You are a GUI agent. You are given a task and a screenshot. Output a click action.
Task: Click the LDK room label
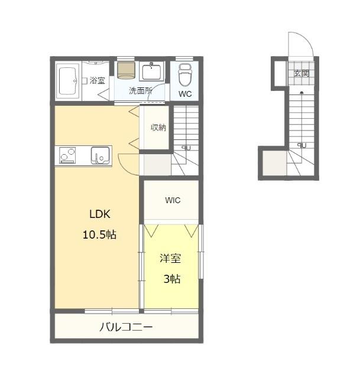(100, 214)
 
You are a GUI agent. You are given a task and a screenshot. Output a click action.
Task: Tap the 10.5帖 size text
(99, 234)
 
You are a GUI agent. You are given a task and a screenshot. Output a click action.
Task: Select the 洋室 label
(170, 258)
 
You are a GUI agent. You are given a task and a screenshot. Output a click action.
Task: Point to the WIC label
(173, 200)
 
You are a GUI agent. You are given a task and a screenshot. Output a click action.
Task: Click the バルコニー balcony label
(126, 327)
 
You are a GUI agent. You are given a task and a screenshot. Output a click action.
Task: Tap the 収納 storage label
(158, 128)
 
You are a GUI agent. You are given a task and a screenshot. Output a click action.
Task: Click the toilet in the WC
(185, 75)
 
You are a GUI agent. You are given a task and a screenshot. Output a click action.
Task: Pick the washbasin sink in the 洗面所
(151, 71)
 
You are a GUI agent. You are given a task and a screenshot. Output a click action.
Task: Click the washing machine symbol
(125, 70)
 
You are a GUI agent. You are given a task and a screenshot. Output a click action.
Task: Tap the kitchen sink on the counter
(100, 155)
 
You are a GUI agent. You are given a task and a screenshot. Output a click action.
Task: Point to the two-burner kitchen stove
(67, 155)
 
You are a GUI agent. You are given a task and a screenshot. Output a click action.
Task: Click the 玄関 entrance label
(301, 73)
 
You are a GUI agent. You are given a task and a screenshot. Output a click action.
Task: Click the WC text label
(185, 94)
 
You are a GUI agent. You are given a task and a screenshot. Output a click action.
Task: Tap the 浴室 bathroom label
(98, 80)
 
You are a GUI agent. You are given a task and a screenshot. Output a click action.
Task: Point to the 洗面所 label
(141, 90)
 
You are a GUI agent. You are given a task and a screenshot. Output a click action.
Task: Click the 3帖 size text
(172, 279)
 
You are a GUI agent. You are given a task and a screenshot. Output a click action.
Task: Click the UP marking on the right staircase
(301, 145)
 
